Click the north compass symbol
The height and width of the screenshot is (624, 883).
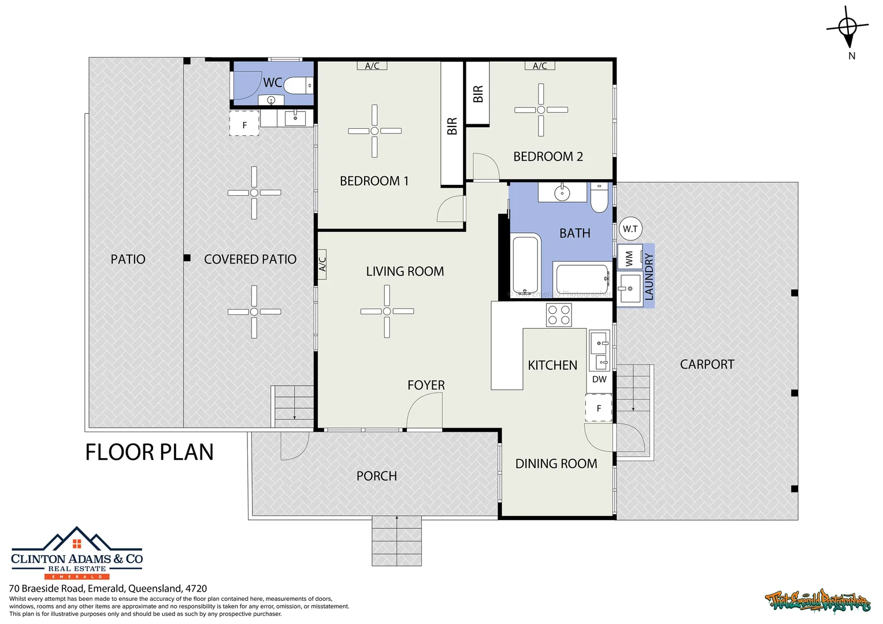point(847,28)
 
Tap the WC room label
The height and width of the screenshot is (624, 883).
point(272,83)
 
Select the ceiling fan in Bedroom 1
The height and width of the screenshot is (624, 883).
point(374,131)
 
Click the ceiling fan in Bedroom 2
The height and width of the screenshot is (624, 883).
point(541,110)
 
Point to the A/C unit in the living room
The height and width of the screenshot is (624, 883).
point(322,264)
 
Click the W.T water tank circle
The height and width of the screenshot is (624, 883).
point(630,229)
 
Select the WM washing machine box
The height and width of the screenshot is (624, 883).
point(629,257)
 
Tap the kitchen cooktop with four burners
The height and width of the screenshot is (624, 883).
point(559,315)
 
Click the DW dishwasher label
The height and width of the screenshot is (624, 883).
point(599,379)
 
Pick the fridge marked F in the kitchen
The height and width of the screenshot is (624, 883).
point(599,408)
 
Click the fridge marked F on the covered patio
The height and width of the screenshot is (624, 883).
point(244,124)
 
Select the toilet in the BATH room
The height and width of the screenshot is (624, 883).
point(599,198)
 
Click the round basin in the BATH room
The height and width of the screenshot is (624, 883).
point(561,192)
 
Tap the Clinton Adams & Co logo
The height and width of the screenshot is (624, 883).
point(77,554)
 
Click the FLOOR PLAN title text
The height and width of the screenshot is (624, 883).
point(149,452)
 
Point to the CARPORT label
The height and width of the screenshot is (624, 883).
point(707,365)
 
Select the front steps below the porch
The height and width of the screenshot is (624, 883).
point(396,540)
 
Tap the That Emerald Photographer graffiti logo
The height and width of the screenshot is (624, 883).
point(818,601)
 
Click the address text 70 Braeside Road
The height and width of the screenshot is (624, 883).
point(107,588)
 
